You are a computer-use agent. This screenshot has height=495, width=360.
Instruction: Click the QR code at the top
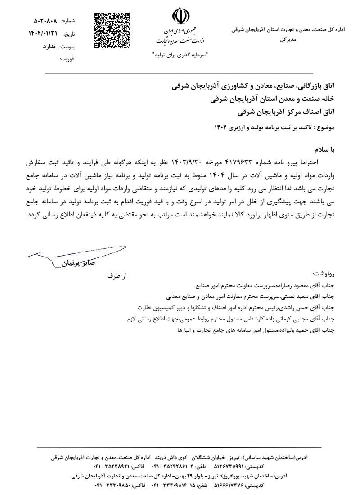click(x=112, y=31)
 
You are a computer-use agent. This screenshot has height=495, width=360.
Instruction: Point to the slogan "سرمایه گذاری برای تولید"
click(x=180, y=55)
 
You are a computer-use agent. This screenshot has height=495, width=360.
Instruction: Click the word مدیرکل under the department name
click(x=288, y=40)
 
